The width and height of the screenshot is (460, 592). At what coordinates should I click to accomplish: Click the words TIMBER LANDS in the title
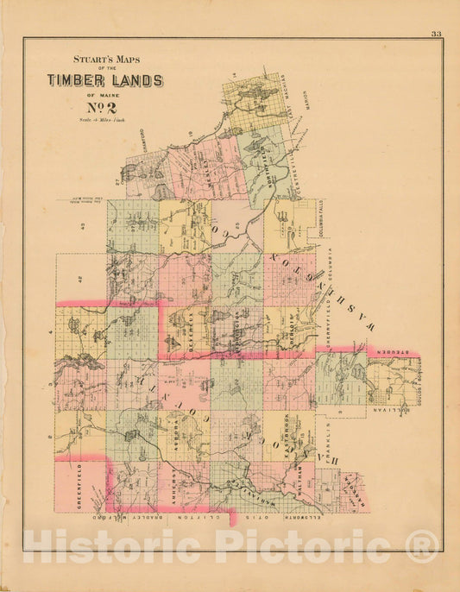click(104, 80)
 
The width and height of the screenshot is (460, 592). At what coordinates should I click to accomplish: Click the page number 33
click(436, 34)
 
